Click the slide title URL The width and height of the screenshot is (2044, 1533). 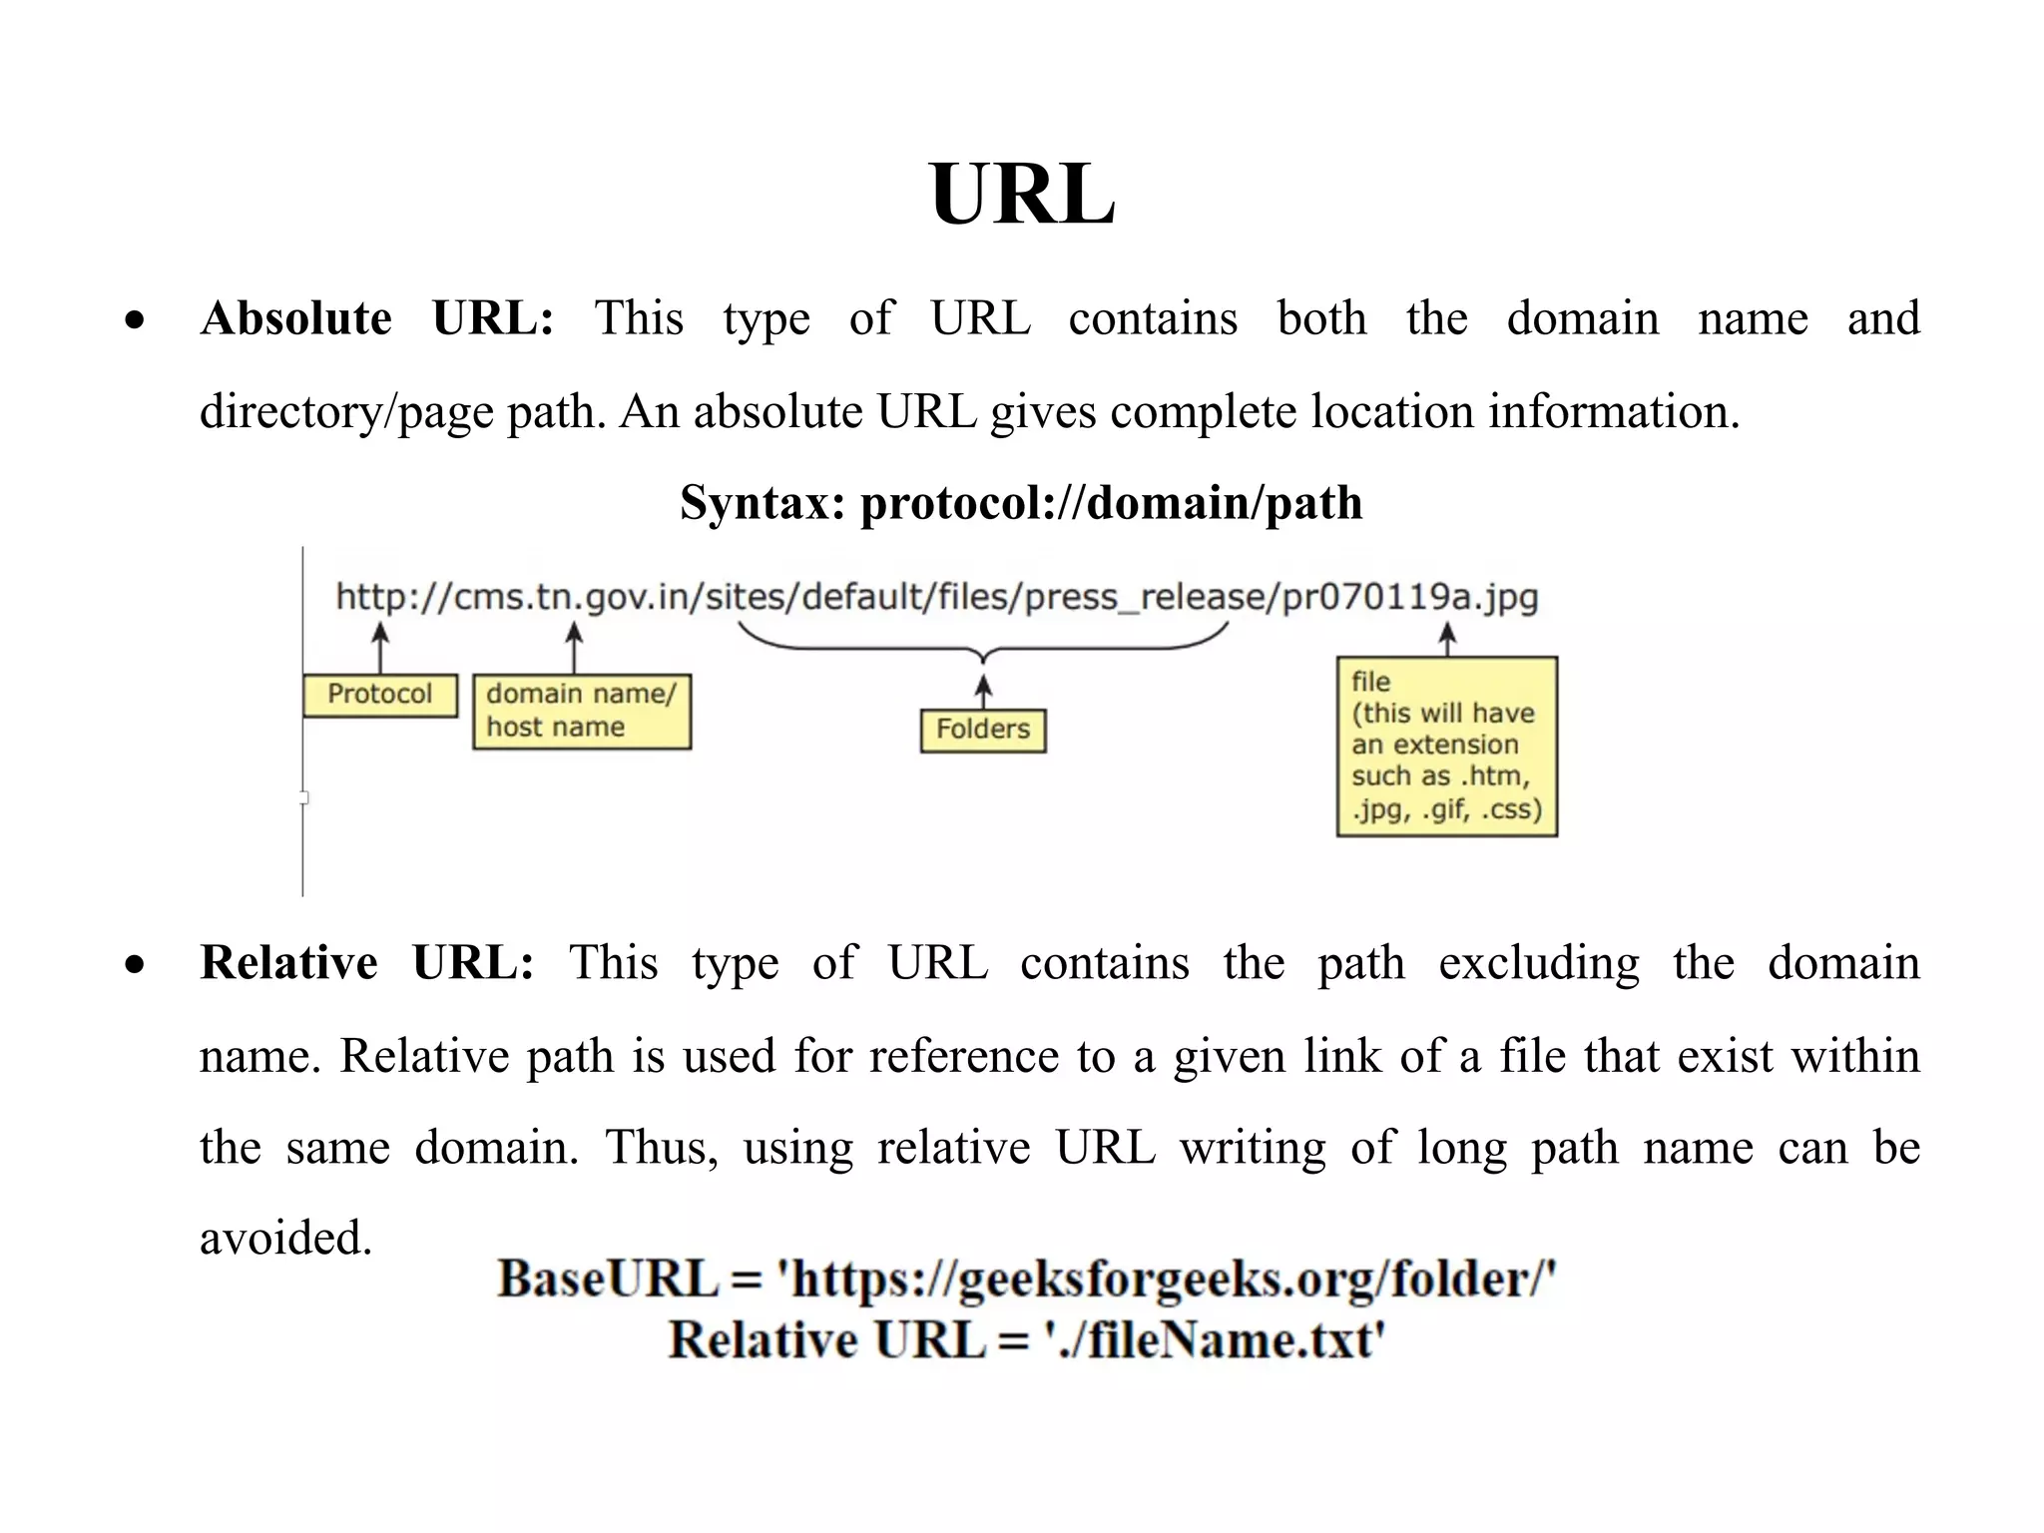coord(1021,195)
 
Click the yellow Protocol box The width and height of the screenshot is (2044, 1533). coord(379,695)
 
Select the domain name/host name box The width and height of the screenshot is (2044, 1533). coord(581,711)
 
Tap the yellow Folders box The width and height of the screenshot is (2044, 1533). coord(982,730)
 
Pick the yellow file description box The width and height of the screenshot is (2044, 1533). coord(1446,746)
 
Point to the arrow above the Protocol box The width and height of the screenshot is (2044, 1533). coord(379,647)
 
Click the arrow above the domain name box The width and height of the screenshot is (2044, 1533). coord(574,647)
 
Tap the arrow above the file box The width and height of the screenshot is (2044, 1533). coord(1447,639)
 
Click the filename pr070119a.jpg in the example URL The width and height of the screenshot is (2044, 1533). coord(1409,597)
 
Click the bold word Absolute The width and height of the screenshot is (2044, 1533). coord(295,319)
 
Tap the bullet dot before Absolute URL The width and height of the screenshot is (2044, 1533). coord(135,321)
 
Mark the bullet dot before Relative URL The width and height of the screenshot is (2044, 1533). coord(135,965)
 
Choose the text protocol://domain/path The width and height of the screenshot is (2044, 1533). coord(1111,503)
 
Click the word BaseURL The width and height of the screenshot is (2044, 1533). coord(608,1279)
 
